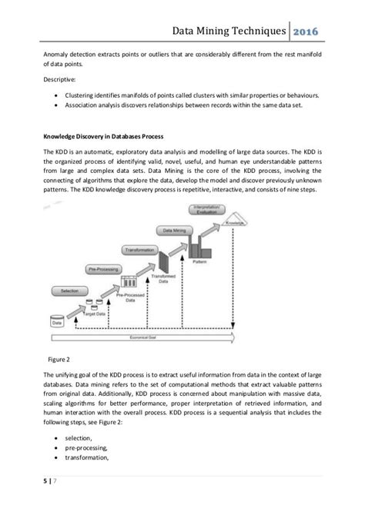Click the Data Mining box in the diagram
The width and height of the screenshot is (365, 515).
(x=176, y=229)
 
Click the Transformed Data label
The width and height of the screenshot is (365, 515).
(x=159, y=280)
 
